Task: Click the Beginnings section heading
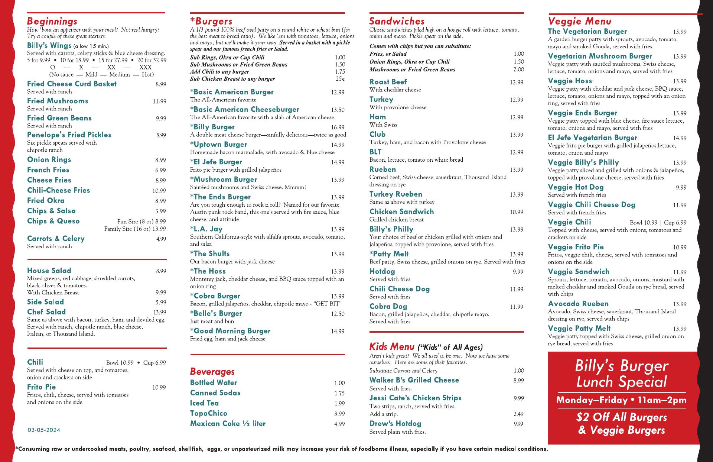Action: (52, 21)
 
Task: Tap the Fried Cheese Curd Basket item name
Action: (72, 84)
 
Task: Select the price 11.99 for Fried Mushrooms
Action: (159, 101)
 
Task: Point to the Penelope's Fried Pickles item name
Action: (69, 135)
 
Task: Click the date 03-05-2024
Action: (44, 430)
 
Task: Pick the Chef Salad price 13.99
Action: (160, 313)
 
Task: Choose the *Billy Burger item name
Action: (212, 127)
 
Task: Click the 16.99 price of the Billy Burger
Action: (338, 127)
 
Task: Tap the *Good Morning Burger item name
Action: (230, 331)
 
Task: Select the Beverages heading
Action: (212, 371)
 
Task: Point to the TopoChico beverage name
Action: (208, 413)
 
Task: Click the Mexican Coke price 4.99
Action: (339, 424)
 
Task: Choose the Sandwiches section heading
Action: (397, 21)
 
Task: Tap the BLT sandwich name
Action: (375, 152)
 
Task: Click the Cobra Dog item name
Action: (388, 307)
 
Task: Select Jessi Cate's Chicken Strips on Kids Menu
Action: (415, 398)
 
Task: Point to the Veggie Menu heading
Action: (579, 21)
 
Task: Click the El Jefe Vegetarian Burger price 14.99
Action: (680, 138)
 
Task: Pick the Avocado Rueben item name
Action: (578, 304)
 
